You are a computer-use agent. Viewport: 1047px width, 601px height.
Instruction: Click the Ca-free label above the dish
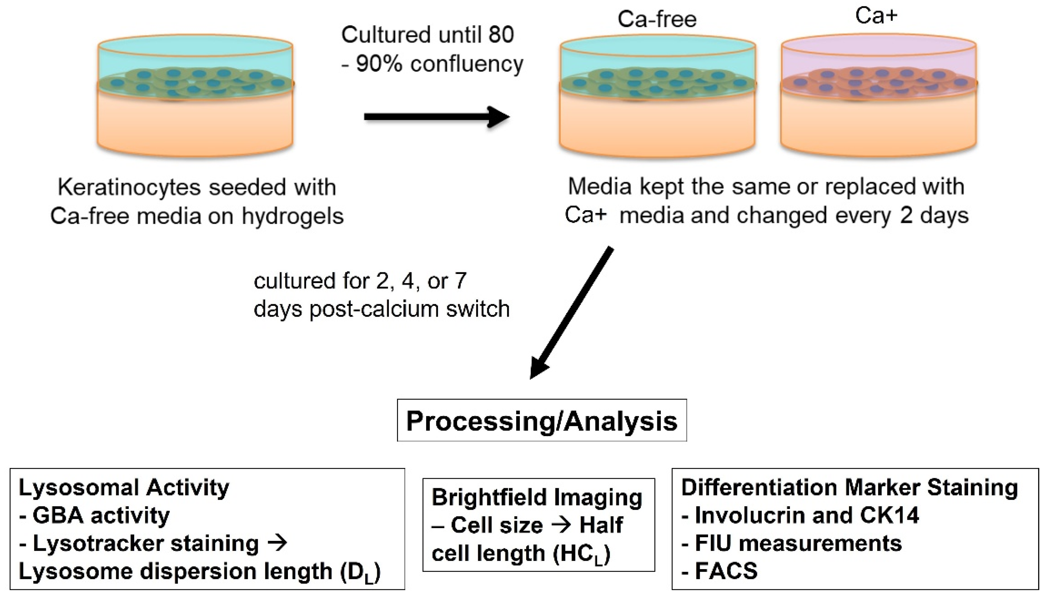coord(657,19)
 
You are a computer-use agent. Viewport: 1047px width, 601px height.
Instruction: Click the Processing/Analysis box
coord(542,421)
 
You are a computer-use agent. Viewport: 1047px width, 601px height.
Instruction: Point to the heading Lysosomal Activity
coord(124,488)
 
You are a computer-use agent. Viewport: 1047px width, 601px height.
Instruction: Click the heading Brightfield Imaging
coord(537,497)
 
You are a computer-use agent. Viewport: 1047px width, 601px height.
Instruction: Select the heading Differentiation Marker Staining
coord(849,488)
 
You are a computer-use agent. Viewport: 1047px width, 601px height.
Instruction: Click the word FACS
coord(726,571)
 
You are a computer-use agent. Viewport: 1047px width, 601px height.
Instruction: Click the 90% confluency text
coord(439,64)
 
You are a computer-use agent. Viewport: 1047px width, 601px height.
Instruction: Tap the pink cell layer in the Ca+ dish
coord(879,85)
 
